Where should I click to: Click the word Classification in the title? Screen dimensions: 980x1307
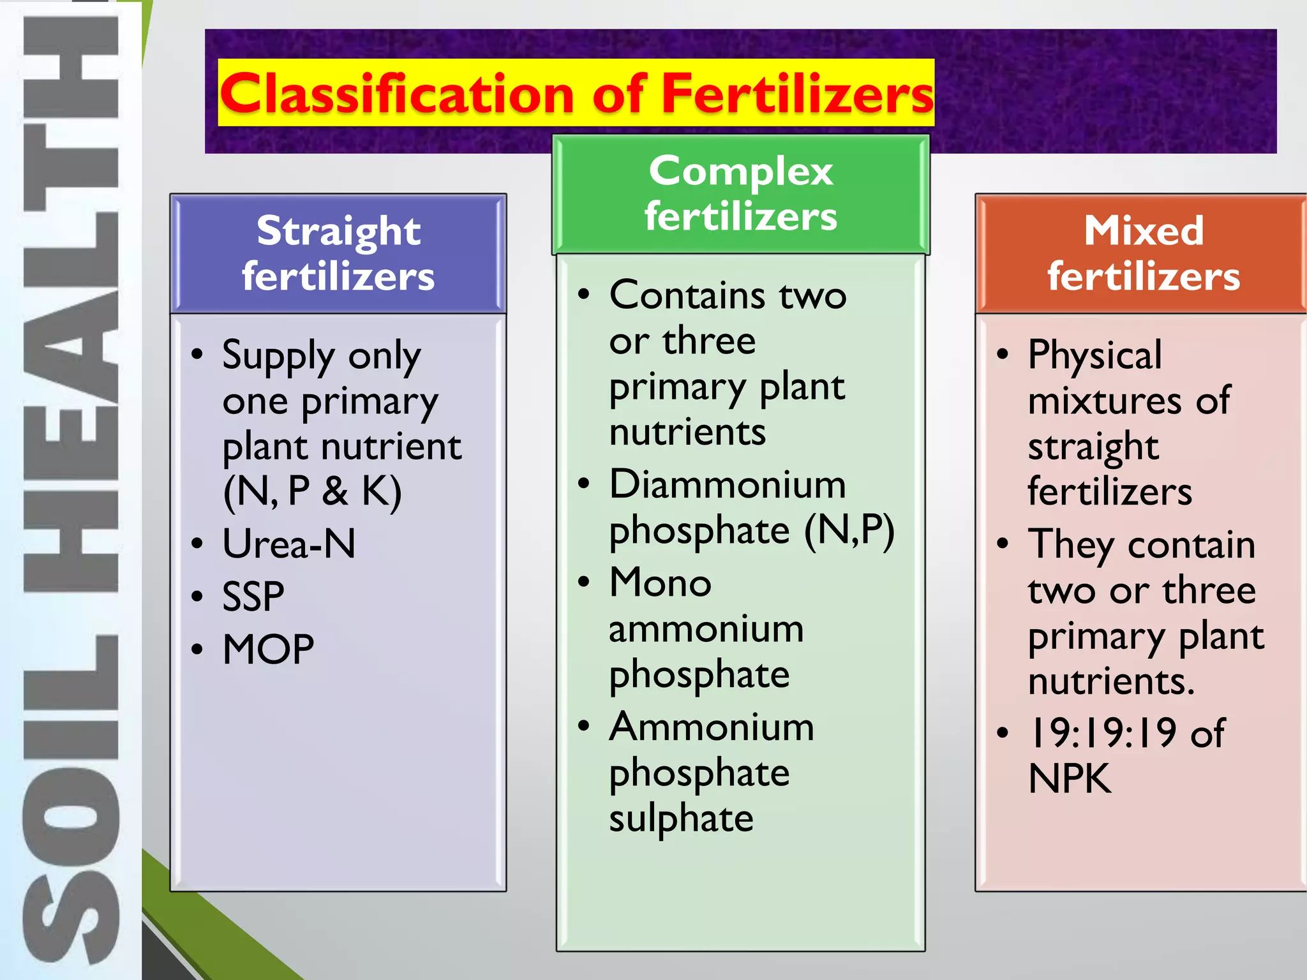(x=396, y=94)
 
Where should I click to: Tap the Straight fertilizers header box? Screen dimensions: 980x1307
(x=338, y=253)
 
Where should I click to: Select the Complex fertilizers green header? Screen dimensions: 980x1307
(x=740, y=194)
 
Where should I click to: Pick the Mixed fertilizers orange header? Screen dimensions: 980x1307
(x=1143, y=253)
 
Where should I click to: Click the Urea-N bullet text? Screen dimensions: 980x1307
(x=288, y=544)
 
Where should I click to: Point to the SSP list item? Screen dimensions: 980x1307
(x=253, y=597)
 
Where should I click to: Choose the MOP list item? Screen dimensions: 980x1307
(x=268, y=650)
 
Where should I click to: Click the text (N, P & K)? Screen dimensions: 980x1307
(x=312, y=491)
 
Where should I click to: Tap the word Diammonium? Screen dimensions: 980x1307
(x=727, y=484)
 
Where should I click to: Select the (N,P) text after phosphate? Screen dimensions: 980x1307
(x=849, y=530)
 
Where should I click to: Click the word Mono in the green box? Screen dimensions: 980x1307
(x=660, y=583)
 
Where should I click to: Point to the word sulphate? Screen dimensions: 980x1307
(x=681, y=819)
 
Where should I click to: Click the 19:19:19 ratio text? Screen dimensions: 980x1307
(x=1102, y=732)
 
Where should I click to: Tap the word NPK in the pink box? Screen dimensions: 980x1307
(x=1070, y=779)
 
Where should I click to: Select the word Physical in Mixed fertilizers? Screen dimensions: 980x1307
(x=1094, y=355)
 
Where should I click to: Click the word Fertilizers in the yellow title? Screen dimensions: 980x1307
(x=797, y=94)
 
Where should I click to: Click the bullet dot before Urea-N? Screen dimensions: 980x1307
(x=197, y=544)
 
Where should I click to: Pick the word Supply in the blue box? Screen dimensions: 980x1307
(x=278, y=355)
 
